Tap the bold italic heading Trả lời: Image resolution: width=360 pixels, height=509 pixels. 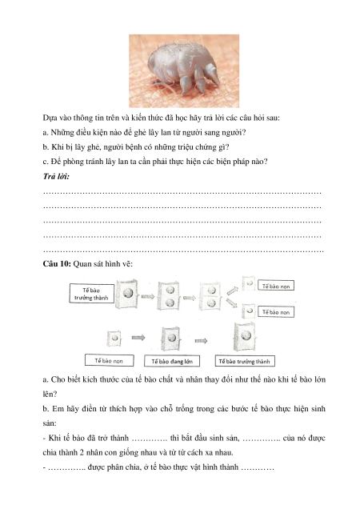coord(56,176)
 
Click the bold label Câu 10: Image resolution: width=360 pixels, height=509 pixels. coord(57,263)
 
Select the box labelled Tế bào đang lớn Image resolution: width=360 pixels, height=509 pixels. coord(172,361)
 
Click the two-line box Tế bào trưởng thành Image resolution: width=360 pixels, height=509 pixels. coord(91,294)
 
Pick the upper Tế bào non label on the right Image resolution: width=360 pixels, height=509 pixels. coord(276,286)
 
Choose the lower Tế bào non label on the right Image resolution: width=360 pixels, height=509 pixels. coord(276,312)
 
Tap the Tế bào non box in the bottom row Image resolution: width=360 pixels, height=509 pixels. coord(109,361)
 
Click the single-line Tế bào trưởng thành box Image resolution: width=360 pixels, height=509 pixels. coord(245,361)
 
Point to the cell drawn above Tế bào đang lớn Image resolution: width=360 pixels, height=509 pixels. coord(170,339)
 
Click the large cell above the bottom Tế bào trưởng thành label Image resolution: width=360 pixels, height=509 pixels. coord(245,337)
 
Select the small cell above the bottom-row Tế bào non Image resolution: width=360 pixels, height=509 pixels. coord(114,338)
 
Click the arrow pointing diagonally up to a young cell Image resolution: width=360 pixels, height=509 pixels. coord(232,291)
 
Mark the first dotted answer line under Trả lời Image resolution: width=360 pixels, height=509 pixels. coord(182,193)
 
